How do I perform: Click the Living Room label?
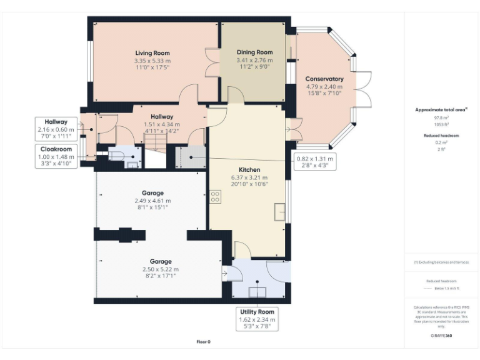tap(152, 53)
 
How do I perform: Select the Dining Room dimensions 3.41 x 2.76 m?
tap(254, 60)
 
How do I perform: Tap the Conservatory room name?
tap(324, 79)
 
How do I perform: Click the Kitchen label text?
tap(249, 169)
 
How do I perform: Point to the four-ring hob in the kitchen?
tap(215, 197)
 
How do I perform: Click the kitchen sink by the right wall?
tap(279, 212)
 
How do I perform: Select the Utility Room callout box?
tap(257, 319)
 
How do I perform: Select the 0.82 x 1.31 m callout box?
tap(314, 162)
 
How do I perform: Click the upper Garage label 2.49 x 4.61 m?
tap(152, 201)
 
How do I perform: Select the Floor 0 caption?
tap(203, 342)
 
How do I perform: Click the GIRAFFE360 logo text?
tap(441, 336)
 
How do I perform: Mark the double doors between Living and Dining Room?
tap(213, 62)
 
